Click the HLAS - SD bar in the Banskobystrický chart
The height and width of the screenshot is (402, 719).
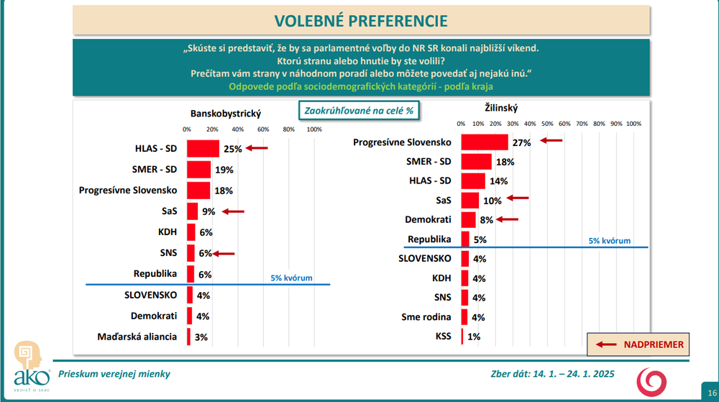[x=203, y=149]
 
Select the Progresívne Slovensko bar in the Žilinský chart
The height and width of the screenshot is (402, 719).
[x=484, y=142]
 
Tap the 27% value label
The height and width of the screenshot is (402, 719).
[x=521, y=142]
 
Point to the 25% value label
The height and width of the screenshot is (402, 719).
[x=232, y=149]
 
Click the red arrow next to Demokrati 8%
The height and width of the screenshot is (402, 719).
[x=507, y=220]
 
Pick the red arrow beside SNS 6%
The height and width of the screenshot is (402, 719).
[x=224, y=253]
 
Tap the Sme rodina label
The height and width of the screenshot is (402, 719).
[x=426, y=316]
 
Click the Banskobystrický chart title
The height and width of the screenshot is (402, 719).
[x=225, y=114]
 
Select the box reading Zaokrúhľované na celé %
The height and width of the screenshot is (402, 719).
[x=359, y=111]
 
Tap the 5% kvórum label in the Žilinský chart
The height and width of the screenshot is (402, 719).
[x=609, y=241]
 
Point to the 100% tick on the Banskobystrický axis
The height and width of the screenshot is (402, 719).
[x=314, y=129]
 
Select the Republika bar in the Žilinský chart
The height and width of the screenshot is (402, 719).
[x=464, y=239]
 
